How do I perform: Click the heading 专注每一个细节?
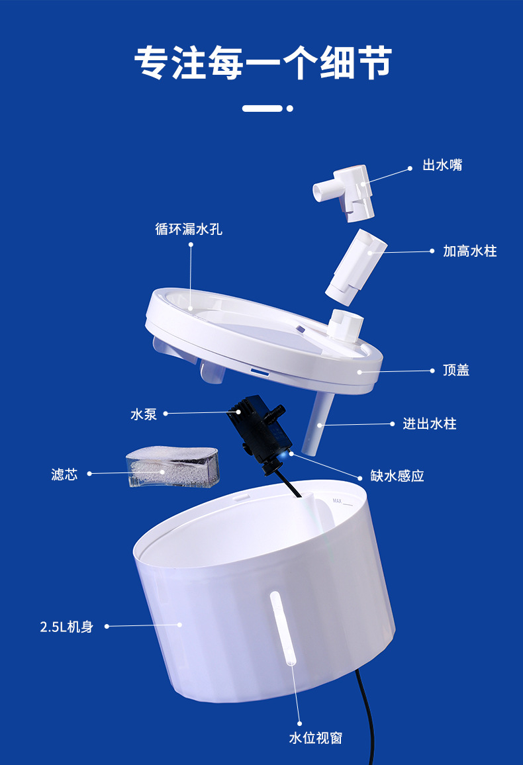coord(263,63)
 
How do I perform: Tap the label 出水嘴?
coord(442,165)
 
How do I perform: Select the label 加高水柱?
coord(469,251)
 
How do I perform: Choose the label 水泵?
coord(144,414)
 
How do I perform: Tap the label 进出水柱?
coord(430,424)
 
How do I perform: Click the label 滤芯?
coord(64,474)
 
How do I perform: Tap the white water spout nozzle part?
coord(344,191)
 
